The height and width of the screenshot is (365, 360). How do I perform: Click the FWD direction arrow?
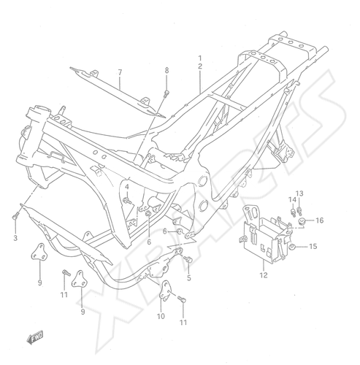click(x=35, y=338)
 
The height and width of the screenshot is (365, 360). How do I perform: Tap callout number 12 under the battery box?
click(x=264, y=275)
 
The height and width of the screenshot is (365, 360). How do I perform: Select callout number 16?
click(x=320, y=220)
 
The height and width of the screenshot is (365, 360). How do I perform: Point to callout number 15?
click(x=313, y=246)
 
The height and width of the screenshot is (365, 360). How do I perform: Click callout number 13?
click(x=299, y=193)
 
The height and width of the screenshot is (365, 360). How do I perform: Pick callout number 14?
click(x=292, y=199)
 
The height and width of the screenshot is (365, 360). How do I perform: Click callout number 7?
click(x=120, y=72)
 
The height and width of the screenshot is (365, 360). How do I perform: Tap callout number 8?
click(x=166, y=70)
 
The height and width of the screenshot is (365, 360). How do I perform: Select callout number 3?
click(x=15, y=238)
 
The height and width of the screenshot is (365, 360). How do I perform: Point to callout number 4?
click(x=127, y=187)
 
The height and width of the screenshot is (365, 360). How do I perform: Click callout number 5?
click(x=189, y=278)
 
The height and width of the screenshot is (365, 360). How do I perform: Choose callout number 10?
click(x=161, y=316)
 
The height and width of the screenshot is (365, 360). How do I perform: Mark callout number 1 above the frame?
click(x=200, y=58)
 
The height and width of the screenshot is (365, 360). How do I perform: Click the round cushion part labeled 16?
click(x=302, y=220)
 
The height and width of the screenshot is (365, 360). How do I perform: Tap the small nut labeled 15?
click(x=292, y=247)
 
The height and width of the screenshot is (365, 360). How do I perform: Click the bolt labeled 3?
click(x=15, y=216)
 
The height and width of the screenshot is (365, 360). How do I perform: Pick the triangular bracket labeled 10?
click(x=165, y=291)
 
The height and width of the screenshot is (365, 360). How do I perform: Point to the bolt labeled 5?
click(x=188, y=259)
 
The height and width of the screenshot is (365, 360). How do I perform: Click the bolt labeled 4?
click(x=127, y=201)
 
